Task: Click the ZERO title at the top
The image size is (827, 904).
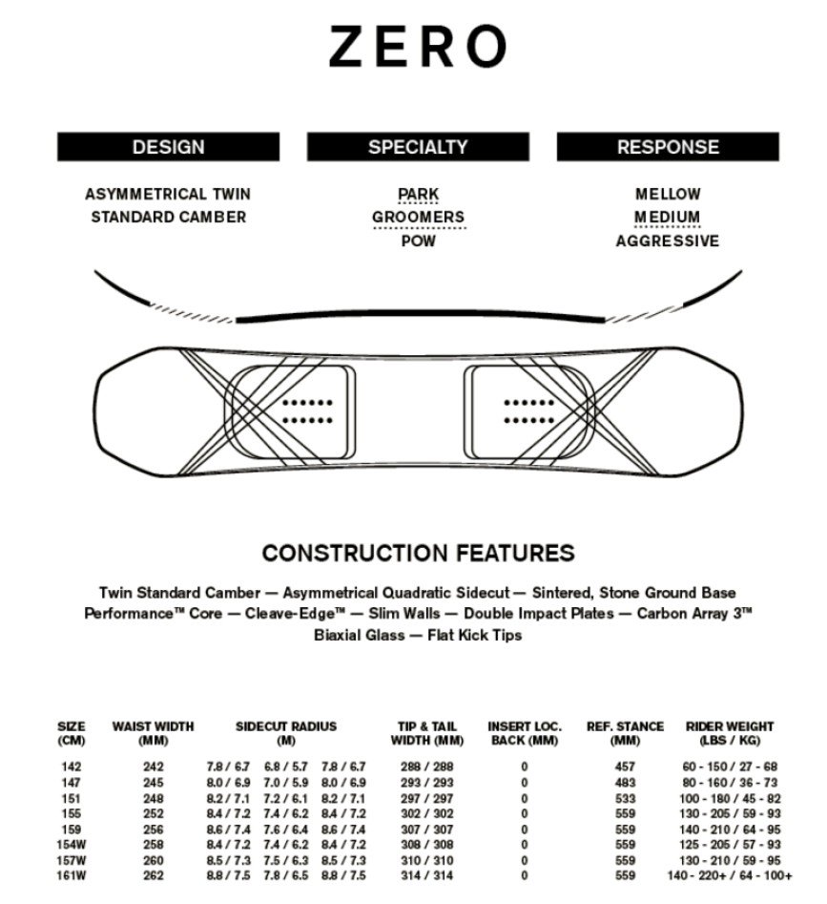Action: click(417, 47)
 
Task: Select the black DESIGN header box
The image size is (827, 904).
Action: click(168, 147)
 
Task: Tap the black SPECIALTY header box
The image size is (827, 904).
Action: click(418, 147)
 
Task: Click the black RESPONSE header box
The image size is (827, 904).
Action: click(668, 147)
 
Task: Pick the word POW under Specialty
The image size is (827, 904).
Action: click(419, 241)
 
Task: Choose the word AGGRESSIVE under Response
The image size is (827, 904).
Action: click(668, 241)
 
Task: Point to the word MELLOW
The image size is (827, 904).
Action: click(668, 194)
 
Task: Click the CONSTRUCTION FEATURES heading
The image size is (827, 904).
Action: click(418, 553)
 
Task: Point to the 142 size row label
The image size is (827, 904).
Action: click(71, 767)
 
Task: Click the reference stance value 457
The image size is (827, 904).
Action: click(625, 767)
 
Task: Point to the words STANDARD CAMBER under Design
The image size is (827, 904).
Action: click(168, 217)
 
